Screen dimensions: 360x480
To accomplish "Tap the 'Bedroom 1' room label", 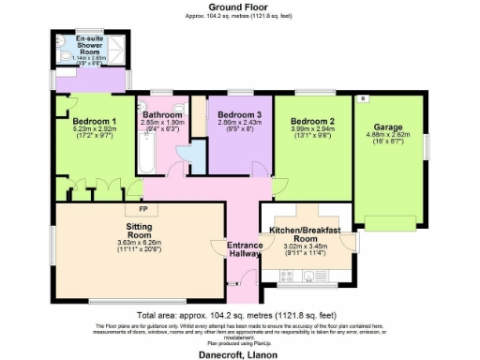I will [95, 121].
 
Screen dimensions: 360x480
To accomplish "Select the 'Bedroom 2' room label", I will [312, 122].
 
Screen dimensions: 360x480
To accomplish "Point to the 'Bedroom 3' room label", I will [228, 114].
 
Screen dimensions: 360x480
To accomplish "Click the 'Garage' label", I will [388, 127].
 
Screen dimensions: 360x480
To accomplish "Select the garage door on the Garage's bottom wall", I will [389, 220].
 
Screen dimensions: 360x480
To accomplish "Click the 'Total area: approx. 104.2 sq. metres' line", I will [239, 316].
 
